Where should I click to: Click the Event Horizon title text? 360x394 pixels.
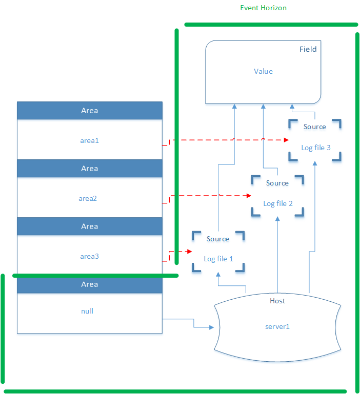[x=263, y=8]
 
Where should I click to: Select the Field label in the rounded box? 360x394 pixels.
[x=308, y=49]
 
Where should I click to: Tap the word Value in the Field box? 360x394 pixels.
[x=263, y=71]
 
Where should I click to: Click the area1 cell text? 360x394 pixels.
[x=89, y=140]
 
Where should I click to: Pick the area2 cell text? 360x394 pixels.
[x=88, y=198]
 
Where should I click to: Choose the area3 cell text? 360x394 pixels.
[x=89, y=256]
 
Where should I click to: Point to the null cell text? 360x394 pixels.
[x=87, y=310]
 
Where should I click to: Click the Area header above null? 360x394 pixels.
[x=89, y=284]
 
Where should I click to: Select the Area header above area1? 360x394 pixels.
[x=89, y=111]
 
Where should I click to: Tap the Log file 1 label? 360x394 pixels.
[x=218, y=259]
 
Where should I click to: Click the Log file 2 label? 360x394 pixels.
[x=278, y=203]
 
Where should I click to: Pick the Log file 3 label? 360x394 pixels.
[x=315, y=148]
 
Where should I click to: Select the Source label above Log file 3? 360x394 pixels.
[x=315, y=127]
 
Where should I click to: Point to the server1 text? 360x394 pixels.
[x=277, y=326]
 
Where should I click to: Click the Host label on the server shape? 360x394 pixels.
[x=277, y=301]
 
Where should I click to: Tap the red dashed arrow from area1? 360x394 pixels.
[x=226, y=139]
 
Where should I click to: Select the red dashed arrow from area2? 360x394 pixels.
[x=210, y=195]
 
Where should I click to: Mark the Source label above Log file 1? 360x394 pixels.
[x=218, y=239]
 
